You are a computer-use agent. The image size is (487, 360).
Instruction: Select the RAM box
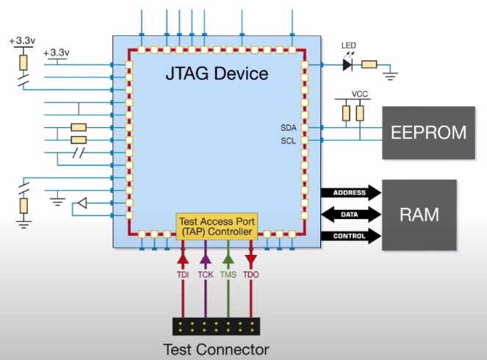(419, 215)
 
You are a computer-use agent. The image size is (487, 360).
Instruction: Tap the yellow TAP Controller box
(216, 226)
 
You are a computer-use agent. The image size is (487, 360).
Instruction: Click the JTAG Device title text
(217, 74)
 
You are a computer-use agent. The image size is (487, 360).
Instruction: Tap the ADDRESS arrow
(351, 193)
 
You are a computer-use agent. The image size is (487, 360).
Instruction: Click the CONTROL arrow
(351, 237)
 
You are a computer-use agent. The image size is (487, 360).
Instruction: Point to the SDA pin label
(288, 127)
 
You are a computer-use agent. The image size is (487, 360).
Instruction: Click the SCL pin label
(288, 140)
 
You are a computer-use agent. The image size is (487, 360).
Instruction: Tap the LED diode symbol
(348, 65)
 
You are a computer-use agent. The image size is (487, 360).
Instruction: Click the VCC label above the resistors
(360, 95)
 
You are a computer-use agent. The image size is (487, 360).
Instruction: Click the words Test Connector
(216, 350)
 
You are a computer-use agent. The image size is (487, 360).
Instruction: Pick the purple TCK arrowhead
(206, 259)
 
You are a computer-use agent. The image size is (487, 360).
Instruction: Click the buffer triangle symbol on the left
(83, 203)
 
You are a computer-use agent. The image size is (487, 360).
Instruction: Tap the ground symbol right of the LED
(392, 73)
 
